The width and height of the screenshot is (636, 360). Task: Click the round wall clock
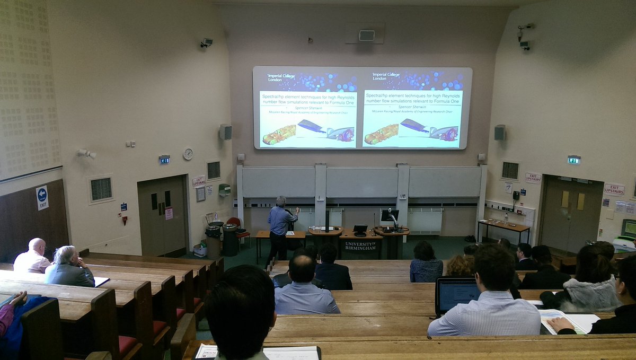coord(188,154)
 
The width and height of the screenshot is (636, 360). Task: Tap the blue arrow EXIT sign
coord(42,198)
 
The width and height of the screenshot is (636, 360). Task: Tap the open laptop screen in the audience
coord(458,295)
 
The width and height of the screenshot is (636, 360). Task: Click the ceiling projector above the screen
coord(366,35)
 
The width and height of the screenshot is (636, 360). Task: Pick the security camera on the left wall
coord(206,42)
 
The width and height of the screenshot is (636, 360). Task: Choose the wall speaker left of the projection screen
coord(225,131)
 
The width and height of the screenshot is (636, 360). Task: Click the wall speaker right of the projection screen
coord(499,133)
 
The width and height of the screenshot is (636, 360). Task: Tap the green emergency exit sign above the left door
coord(164,159)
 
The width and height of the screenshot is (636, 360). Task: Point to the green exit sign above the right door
coord(573,160)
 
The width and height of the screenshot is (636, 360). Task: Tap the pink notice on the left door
coord(169,213)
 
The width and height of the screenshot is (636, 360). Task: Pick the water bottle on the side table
coord(506,217)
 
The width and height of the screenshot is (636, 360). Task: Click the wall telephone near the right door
coord(516,195)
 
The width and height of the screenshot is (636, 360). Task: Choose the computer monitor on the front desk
coord(389,215)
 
